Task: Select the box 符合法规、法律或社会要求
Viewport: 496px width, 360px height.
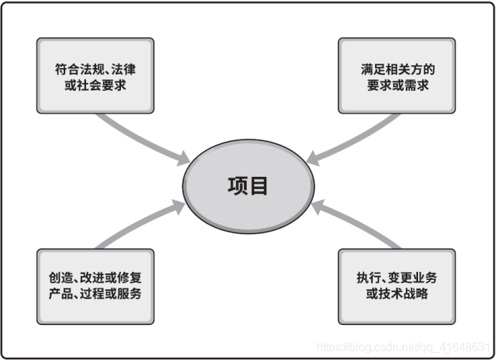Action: (x=95, y=76)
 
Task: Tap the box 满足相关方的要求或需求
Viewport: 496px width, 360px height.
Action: (x=397, y=76)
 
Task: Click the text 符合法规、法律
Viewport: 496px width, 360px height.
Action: (x=95, y=69)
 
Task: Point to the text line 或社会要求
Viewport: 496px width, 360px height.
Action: (x=95, y=85)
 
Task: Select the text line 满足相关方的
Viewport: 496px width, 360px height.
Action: (x=397, y=69)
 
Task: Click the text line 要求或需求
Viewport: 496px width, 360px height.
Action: (x=397, y=85)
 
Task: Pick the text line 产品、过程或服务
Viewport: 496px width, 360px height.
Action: (x=95, y=294)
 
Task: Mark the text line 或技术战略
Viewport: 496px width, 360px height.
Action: (x=397, y=294)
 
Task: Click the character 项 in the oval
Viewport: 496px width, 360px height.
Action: (x=238, y=185)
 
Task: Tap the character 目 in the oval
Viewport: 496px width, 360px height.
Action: (x=259, y=185)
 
